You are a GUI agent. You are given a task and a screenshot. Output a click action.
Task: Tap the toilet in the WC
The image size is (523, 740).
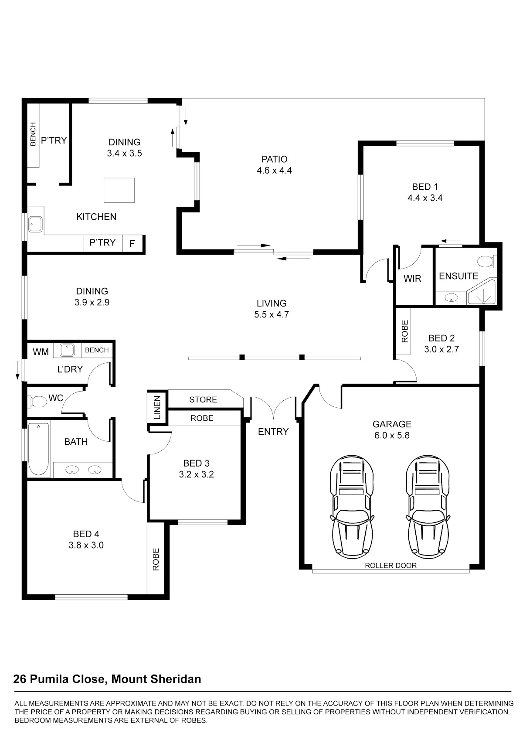37,402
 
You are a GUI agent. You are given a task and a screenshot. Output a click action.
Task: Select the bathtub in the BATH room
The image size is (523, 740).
38,449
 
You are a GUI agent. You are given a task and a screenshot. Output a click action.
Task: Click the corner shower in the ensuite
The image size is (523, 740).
482,292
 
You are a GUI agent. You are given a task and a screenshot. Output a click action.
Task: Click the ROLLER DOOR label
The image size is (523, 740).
391,565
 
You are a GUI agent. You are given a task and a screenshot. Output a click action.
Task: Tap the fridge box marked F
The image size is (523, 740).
133,244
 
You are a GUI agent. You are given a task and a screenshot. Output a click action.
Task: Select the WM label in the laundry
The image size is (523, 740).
41,352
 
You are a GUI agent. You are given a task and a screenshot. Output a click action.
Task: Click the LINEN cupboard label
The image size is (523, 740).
157,407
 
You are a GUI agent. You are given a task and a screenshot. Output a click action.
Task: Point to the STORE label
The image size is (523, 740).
203,399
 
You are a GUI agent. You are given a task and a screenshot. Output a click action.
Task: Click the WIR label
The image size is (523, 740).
412,279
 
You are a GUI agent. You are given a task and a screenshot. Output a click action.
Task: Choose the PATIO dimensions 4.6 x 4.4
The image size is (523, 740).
275,171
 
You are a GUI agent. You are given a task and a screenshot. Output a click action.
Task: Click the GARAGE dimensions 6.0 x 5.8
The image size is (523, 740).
392,435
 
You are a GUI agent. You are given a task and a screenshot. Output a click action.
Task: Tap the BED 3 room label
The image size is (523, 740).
197,463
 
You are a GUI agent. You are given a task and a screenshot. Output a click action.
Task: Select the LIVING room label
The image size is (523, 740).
272,303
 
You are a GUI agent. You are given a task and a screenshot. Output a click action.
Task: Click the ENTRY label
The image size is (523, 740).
273,431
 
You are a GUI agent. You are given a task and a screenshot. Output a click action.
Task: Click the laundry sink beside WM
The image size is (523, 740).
67,350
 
